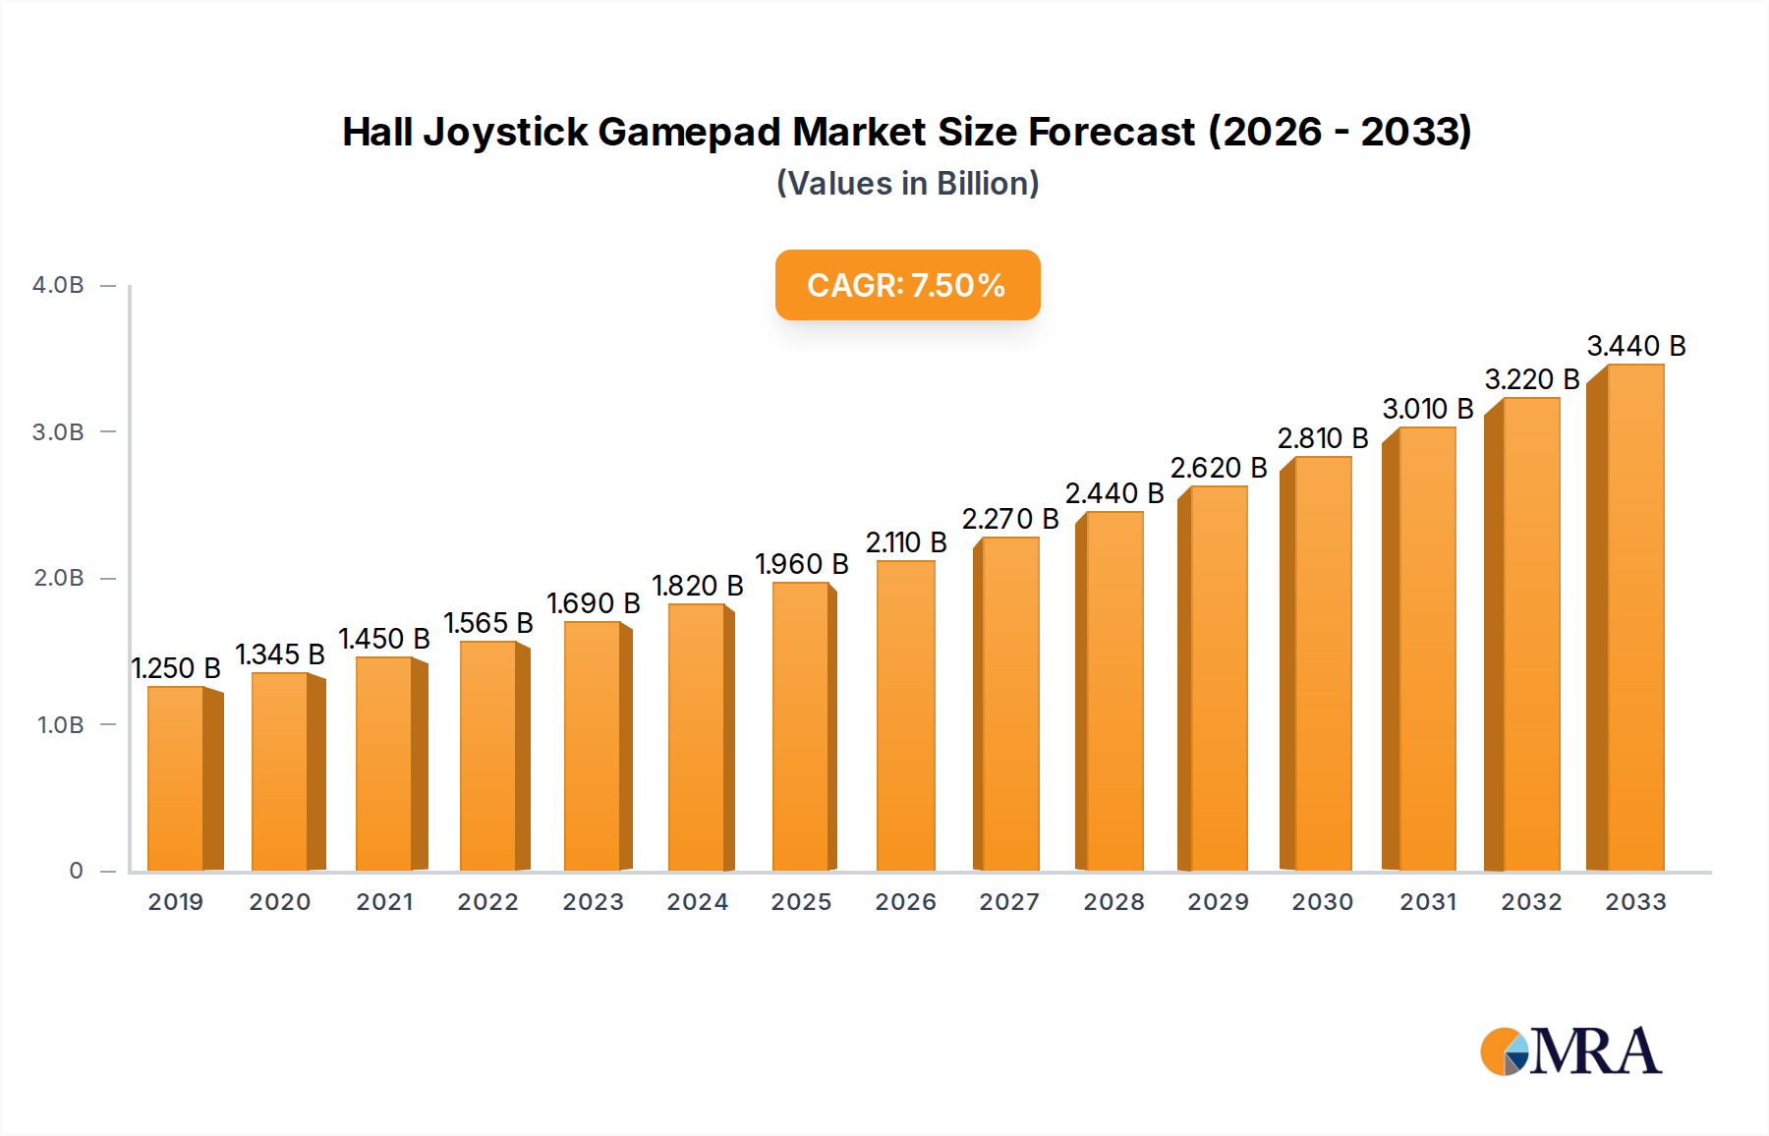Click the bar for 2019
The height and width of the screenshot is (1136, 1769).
point(177,778)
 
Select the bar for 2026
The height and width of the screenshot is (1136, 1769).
point(905,715)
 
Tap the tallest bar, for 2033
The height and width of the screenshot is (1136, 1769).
point(1633,617)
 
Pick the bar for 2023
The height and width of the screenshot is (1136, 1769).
point(593,746)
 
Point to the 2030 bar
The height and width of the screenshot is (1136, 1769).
point(1322,663)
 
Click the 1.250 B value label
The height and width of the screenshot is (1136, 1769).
point(177,668)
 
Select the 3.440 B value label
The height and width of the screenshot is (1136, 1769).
point(1636,346)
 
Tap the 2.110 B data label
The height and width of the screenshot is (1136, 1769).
point(906,542)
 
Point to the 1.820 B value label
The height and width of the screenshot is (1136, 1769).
point(698,586)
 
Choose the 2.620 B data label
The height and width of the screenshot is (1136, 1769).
point(1219,468)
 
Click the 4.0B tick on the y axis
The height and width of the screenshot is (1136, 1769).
point(58,285)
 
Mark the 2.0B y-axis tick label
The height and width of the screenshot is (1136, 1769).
point(59,578)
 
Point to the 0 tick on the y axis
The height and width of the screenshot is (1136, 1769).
point(76,871)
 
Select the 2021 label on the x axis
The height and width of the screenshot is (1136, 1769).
point(384,902)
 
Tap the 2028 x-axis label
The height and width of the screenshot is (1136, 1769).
point(1113,902)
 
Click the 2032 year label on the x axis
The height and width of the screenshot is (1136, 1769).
point(1531,902)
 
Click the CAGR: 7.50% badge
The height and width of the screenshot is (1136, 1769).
point(907,285)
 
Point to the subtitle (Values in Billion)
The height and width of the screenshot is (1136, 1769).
point(907,184)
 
